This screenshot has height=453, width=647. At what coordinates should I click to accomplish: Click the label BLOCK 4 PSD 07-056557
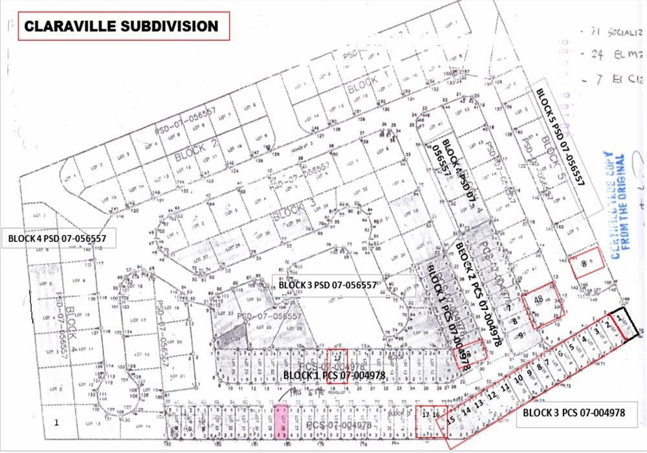tap(58, 238)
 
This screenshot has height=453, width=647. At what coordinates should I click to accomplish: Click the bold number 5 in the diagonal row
tap(571, 346)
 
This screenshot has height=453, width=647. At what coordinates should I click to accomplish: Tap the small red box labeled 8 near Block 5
tap(586, 263)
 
